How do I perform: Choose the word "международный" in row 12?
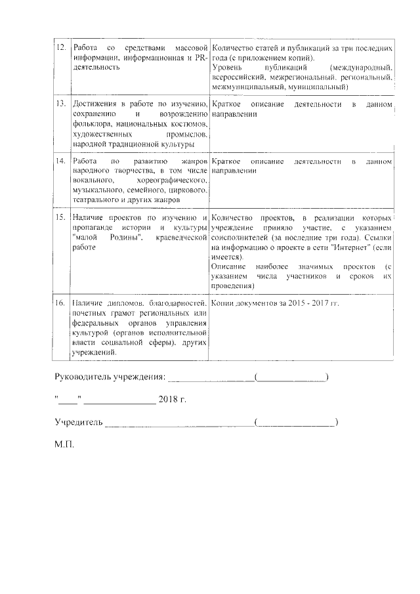pos(362,68)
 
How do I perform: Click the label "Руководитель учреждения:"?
pos(110,377)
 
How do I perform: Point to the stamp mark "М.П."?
pos(64,444)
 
